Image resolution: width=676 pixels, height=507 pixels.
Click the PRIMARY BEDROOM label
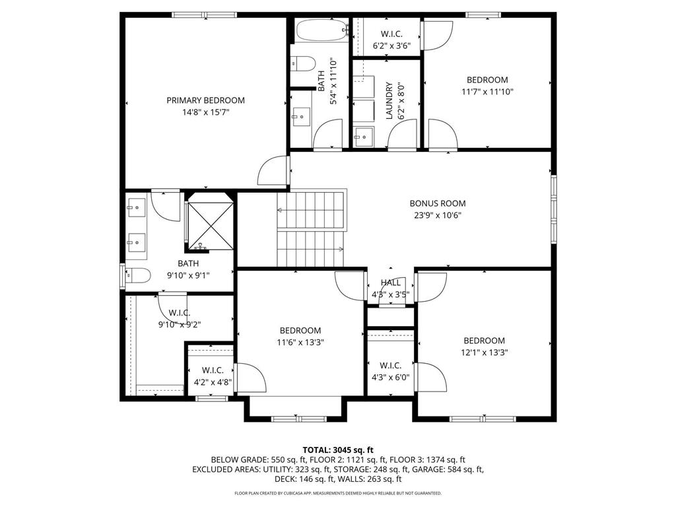[x=205, y=100]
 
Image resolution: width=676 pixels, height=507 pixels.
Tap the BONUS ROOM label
[x=438, y=203]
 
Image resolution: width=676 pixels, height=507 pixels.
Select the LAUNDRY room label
[x=389, y=100]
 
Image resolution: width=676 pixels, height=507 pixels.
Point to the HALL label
[x=390, y=283]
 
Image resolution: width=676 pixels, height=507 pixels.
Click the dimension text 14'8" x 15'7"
[x=205, y=112]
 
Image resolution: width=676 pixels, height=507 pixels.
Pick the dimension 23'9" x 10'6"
[x=438, y=215]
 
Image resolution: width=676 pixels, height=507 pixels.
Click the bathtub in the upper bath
[x=321, y=30]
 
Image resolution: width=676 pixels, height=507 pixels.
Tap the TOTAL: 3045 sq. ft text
[x=337, y=448]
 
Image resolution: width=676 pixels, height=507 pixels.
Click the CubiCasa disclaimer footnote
[x=337, y=493]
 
